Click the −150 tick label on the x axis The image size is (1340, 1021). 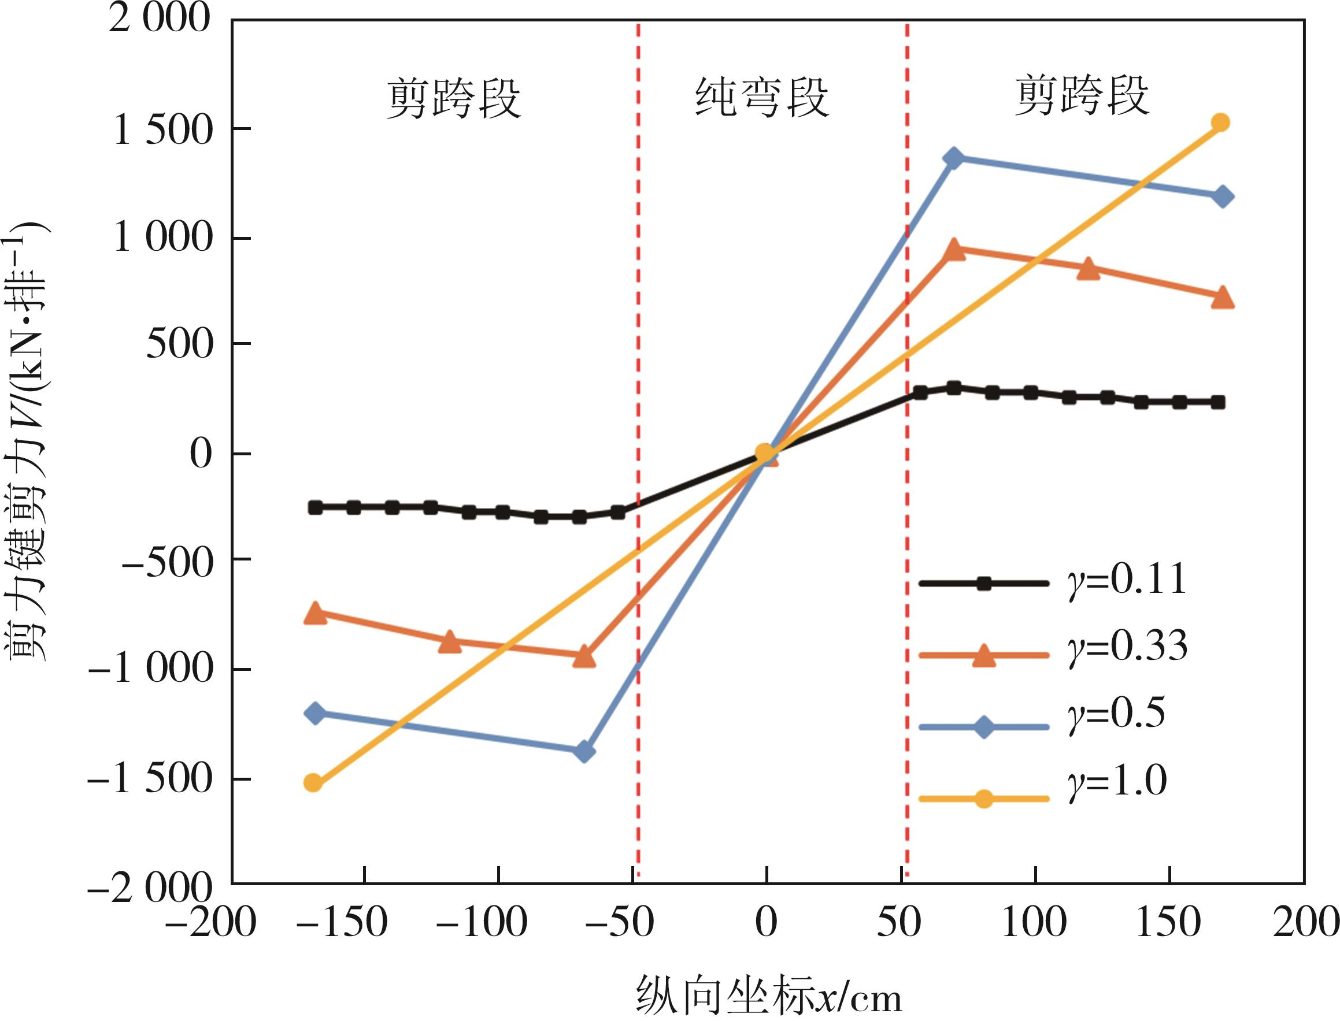pyautogui.click(x=342, y=923)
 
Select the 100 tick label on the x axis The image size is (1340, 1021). pyautogui.click(x=1034, y=923)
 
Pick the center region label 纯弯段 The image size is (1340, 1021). pyautogui.click(x=762, y=97)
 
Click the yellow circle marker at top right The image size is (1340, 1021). pyautogui.click(x=1220, y=122)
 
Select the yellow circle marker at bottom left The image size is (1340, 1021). pyautogui.click(x=313, y=783)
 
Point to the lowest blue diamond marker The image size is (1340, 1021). pyautogui.click(x=584, y=752)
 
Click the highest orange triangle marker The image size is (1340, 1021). pyautogui.click(x=954, y=249)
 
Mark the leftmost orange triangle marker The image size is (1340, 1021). pyautogui.click(x=315, y=612)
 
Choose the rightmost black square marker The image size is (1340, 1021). pyautogui.click(x=1218, y=402)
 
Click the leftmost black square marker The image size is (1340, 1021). pyautogui.click(x=315, y=507)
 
